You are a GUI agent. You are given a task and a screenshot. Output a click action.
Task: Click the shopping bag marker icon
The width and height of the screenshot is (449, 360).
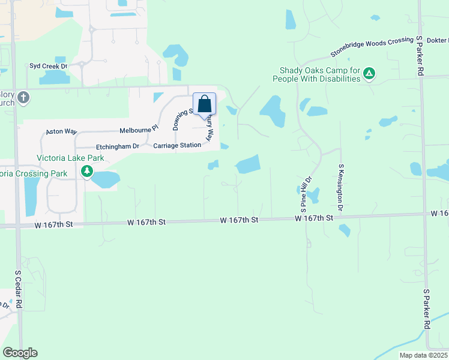click(204, 103)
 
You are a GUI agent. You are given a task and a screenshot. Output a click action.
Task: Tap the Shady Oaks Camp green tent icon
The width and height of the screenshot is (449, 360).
click(370, 74)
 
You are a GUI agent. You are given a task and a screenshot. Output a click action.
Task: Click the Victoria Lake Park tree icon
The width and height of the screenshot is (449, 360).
click(87, 172)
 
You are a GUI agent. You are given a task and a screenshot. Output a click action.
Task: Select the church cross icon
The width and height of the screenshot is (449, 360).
click(23, 97)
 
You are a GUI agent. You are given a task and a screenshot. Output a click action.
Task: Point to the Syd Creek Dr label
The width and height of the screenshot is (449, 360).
click(47, 65)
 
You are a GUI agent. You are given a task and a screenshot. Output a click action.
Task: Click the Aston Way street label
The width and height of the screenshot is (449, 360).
click(62, 131)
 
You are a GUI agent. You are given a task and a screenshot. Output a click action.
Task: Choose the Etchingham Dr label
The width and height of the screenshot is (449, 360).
click(118, 146)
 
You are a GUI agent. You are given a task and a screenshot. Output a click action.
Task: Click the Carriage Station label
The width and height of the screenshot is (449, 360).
click(177, 146)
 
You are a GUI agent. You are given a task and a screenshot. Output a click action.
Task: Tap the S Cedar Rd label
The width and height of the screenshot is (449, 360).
click(19, 290)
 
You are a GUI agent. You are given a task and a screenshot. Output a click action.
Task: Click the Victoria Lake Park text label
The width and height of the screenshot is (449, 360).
click(70, 158)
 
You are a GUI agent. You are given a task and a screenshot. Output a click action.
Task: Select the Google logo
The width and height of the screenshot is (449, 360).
click(20, 353)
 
